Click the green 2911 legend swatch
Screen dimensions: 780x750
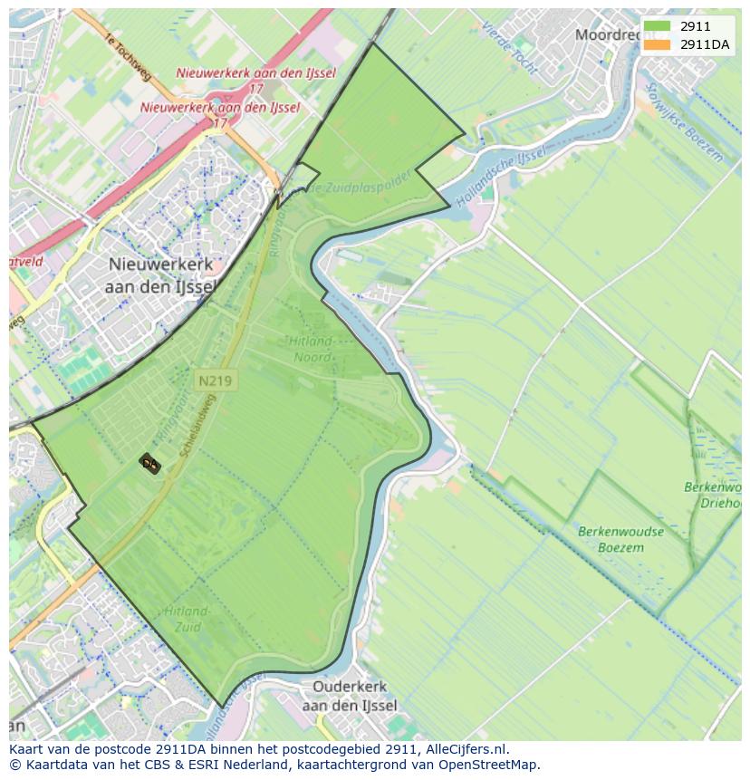coord(658,27)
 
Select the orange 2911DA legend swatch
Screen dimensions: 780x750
coord(658,44)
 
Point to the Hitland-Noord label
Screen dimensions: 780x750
coord(312,349)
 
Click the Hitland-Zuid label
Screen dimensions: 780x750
coord(187,620)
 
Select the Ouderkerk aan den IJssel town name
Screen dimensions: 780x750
coord(350,697)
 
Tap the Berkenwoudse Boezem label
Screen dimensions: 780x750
coord(620,539)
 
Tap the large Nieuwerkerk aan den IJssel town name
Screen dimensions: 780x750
coord(162,274)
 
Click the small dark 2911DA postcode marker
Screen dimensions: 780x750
coord(149,464)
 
